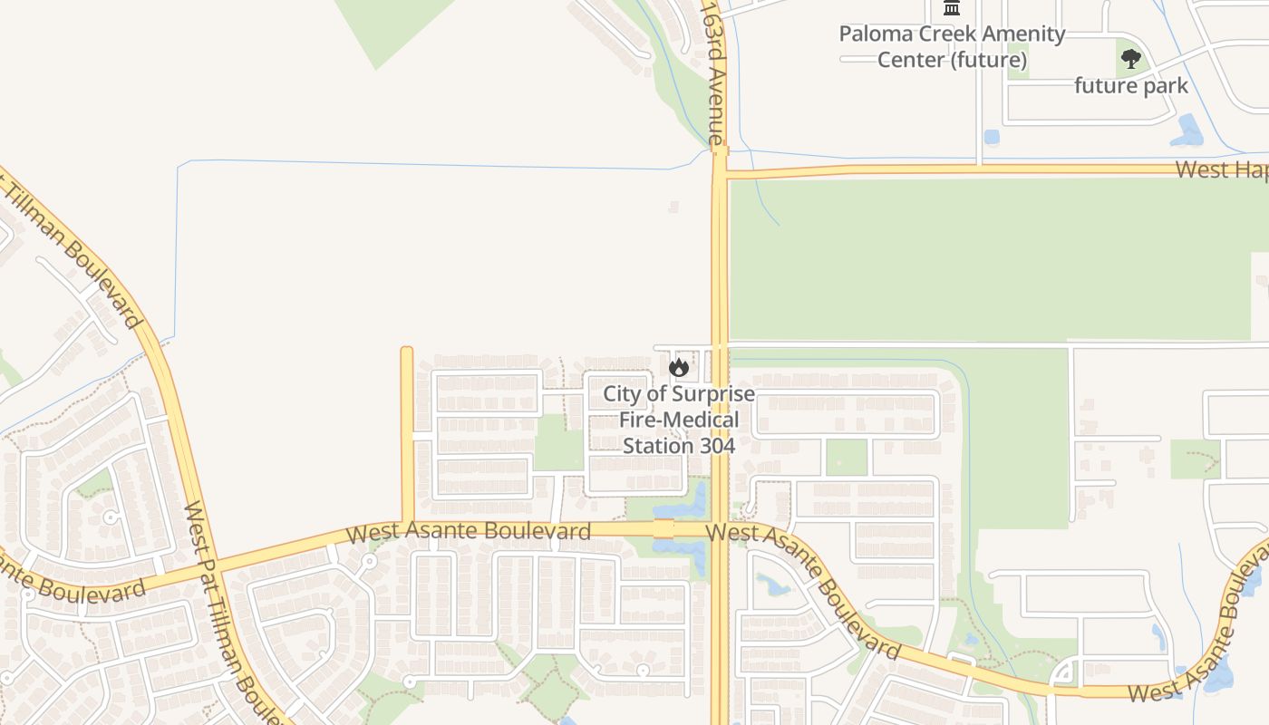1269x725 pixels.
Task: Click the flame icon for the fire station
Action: tap(678, 367)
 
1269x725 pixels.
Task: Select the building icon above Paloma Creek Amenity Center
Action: tap(952, 8)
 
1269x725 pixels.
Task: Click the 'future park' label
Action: tap(1130, 86)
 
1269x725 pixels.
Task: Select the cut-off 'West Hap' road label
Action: tap(1222, 169)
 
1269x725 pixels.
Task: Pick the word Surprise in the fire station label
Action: tap(713, 394)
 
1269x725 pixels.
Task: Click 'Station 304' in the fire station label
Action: tap(678, 446)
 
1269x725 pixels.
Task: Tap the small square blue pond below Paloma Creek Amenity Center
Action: tap(991, 138)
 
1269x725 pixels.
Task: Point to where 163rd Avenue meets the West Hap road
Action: tap(720, 171)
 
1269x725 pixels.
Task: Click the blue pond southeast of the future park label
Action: tap(1187, 131)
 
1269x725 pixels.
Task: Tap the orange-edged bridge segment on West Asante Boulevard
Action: tap(664, 528)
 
